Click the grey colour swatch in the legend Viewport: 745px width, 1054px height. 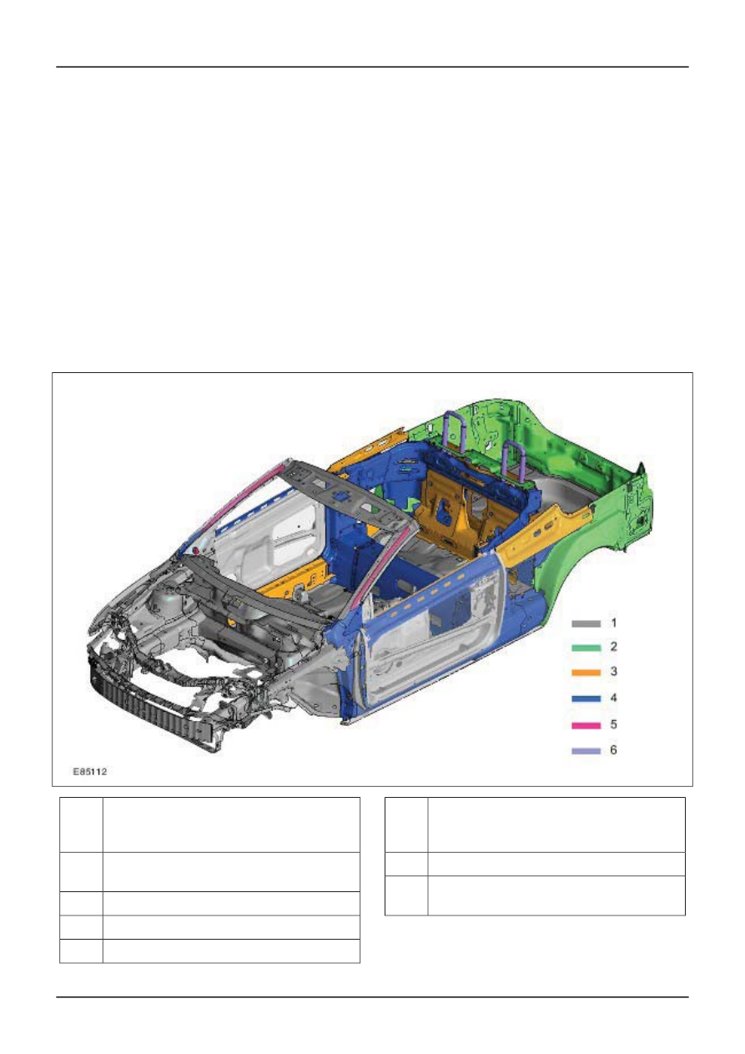point(586,623)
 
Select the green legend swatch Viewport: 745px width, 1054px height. point(586,648)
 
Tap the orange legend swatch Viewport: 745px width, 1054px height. point(586,673)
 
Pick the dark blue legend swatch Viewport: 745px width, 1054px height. point(586,698)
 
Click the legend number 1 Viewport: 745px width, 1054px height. point(613,623)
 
